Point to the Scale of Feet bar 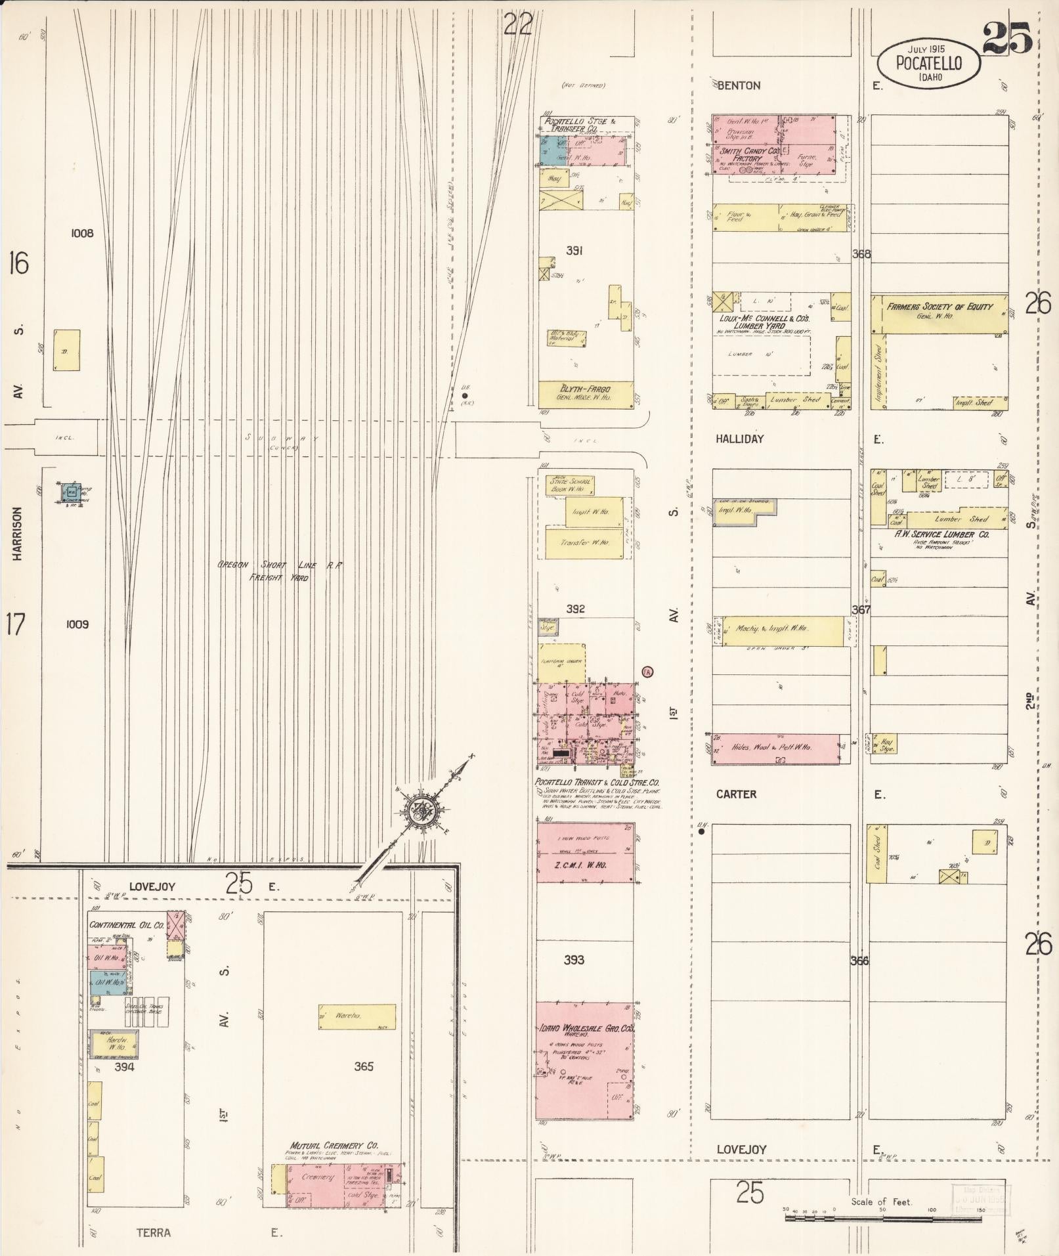pyautogui.click(x=883, y=1217)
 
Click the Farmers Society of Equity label pyautogui.click(x=940, y=307)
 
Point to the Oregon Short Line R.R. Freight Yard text pyautogui.click(x=281, y=571)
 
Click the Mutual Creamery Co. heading pyautogui.click(x=334, y=1144)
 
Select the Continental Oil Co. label pyautogui.click(x=127, y=924)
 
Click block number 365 pyautogui.click(x=363, y=1066)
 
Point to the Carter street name pyautogui.click(x=736, y=794)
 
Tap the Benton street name pyautogui.click(x=739, y=85)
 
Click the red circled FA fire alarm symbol pyautogui.click(x=647, y=672)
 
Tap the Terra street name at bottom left pyautogui.click(x=153, y=1232)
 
